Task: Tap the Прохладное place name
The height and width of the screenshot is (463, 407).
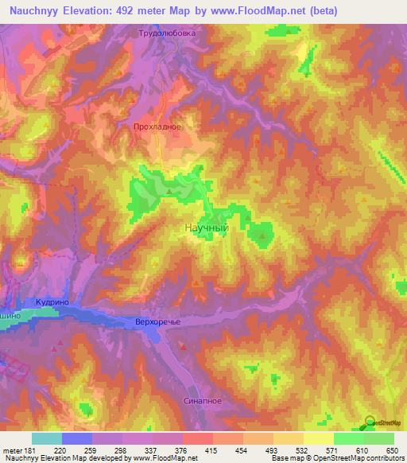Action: coord(157,126)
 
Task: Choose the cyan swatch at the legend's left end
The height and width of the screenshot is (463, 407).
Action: coord(47,438)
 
